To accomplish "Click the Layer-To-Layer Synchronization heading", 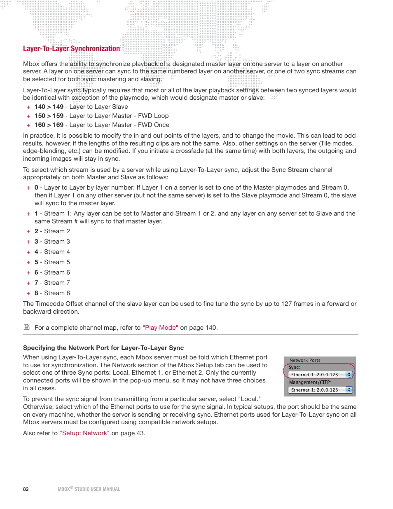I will pos(71,49).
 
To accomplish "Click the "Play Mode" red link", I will pos(160,328).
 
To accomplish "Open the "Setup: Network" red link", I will pos(84,433).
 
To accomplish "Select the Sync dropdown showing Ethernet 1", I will pos(320,375).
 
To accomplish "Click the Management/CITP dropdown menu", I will pos(320,390).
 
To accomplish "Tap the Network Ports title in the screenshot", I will pos(305,360).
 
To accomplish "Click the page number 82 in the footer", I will pos(26,489).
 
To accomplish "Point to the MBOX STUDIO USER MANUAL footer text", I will pos(89,489).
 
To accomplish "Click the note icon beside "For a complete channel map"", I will pos(27,327).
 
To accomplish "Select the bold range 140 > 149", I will pos(49,107).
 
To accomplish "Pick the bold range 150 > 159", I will pos(49,116).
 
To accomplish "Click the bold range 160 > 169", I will pos(49,125).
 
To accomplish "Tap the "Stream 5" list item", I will pos(57,262).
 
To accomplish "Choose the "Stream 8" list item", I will pos(57,293).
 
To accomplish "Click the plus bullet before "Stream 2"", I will pos(28,232).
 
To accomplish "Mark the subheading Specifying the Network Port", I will pos(103,348).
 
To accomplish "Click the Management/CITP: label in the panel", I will pos(310,382).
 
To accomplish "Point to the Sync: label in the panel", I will pos(294,367).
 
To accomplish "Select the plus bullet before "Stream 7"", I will pos(28,283).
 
